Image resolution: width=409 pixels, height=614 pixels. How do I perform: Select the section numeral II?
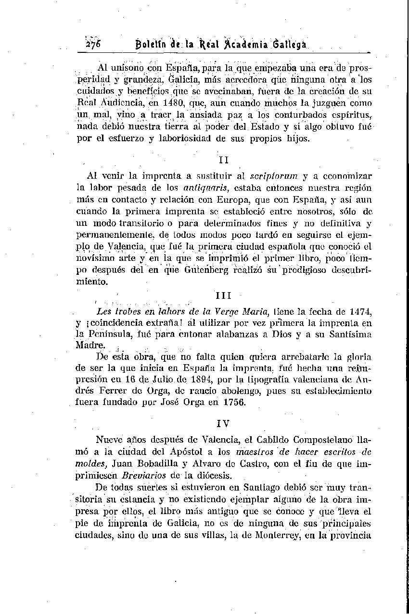tap(223, 160)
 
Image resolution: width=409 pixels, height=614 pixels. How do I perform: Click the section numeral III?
tap(223, 293)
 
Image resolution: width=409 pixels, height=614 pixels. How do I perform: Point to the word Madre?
tap(90, 345)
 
